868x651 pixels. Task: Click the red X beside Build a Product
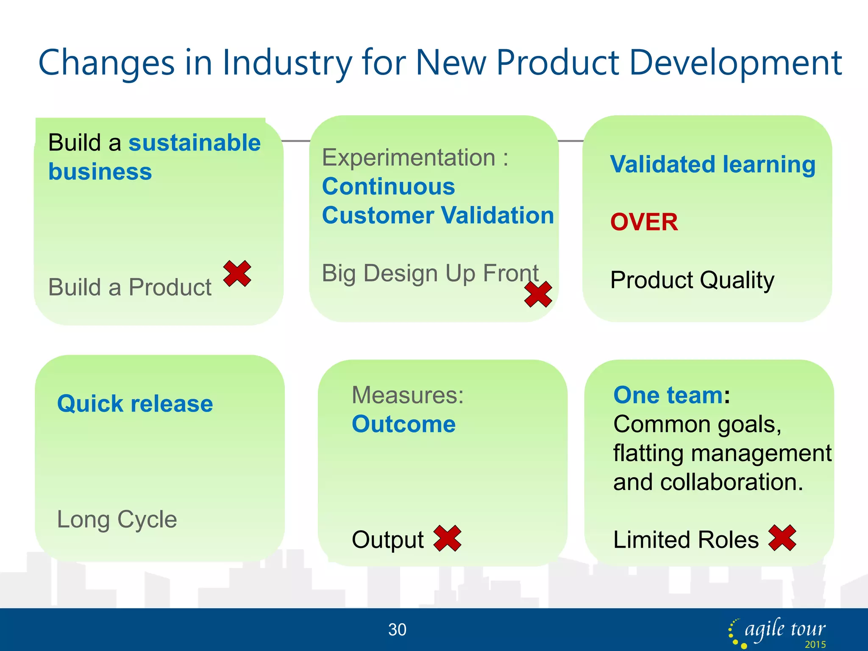(x=237, y=274)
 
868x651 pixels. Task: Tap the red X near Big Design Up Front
(x=538, y=294)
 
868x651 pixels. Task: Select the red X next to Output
(x=447, y=538)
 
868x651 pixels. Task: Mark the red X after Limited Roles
(x=782, y=538)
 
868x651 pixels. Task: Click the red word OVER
(x=644, y=222)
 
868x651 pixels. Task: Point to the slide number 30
(x=397, y=630)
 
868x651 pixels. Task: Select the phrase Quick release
(x=135, y=403)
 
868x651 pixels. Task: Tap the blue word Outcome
(x=403, y=424)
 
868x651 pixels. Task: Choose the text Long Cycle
(x=117, y=519)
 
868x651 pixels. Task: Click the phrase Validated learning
(x=712, y=164)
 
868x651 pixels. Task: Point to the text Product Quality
(x=692, y=280)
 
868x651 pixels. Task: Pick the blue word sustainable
(x=195, y=143)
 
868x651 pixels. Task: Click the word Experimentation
(x=409, y=158)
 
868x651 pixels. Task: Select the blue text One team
(x=668, y=395)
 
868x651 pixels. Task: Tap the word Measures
(x=407, y=395)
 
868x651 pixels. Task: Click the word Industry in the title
(x=287, y=63)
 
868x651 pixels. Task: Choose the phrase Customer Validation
(x=438, y=215)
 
